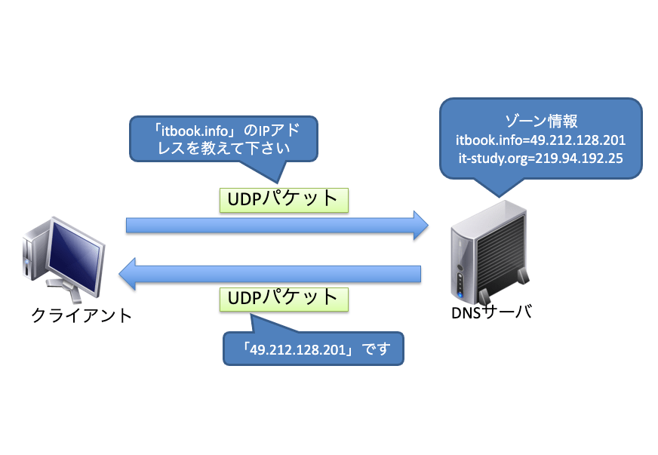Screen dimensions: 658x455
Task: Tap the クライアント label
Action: (x=81, y=315)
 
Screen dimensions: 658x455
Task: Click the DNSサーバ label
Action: (x=491, y=312)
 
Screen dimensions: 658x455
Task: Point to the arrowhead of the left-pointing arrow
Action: (x=128, y=274)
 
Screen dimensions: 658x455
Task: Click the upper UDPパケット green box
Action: (x=284, y=200)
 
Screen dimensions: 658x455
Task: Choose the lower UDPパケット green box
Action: (x=284, y=299)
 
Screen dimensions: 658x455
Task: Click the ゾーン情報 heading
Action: (x=541, y=121)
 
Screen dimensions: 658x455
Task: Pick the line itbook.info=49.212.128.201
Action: (x=540, y=140)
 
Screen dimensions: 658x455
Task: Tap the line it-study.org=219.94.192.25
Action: (x=540, y=158)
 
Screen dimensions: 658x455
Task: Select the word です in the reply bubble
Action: (x=376, y=349)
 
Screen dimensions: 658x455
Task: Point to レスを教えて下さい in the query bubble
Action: (x=223, y=148)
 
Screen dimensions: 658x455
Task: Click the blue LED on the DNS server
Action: (x=460, y=295)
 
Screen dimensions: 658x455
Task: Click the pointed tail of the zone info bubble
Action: (x=499, y=195)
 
